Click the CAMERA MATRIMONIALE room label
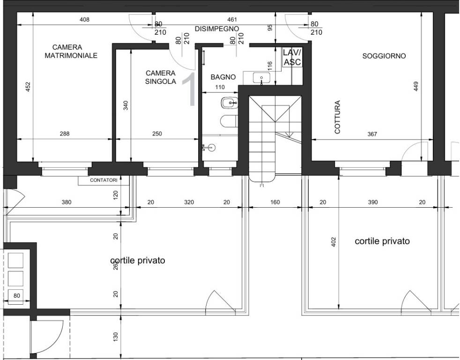click(71, 52)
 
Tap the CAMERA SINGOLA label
click(161, 77)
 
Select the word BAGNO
click(223, 77)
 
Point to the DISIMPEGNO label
click(217, 29)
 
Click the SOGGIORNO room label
click(384, 56)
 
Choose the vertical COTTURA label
click(337, 117)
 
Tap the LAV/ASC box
click(292, 57)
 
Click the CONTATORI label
click(104, 180)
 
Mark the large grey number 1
click(189, 89)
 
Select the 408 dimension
click(84, 20)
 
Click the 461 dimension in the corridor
click(232, 20)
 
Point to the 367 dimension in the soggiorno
click(372, 134)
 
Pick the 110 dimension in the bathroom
click(220, 87)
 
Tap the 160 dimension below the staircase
click(275, 202)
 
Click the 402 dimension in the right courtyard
click(333, 242)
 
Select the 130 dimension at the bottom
click(115, 337)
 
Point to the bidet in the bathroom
click(229, 103)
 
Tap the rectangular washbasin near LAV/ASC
click(261, 78)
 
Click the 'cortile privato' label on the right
click(382, 241)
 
